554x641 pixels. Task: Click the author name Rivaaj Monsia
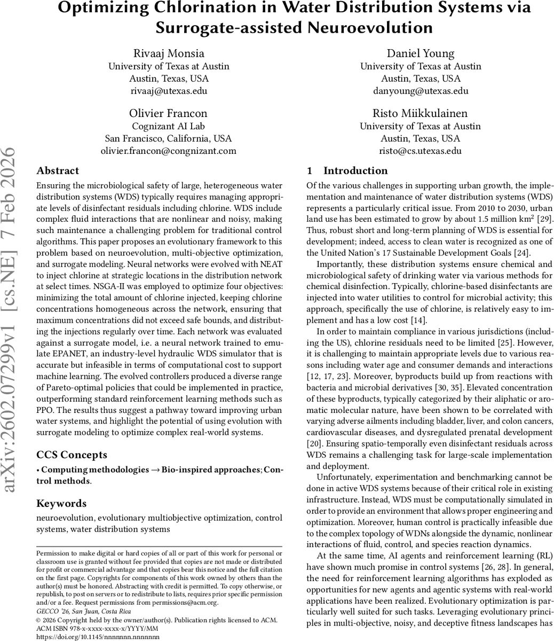point(169,53)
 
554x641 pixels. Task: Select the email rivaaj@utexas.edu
point(169,90)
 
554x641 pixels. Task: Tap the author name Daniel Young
point(421,53)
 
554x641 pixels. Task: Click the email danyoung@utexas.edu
point(421,90)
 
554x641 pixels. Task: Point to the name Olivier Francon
point(169,113)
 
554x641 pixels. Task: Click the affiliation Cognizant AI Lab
point(169,126)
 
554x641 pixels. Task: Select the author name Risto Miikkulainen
point(421,113)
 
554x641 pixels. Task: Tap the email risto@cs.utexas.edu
point(421,151)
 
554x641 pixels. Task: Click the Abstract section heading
point(58,171)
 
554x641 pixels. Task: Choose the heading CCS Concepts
point(72,455)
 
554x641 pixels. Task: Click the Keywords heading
point(61,503)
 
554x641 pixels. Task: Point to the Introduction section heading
point(355,171)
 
